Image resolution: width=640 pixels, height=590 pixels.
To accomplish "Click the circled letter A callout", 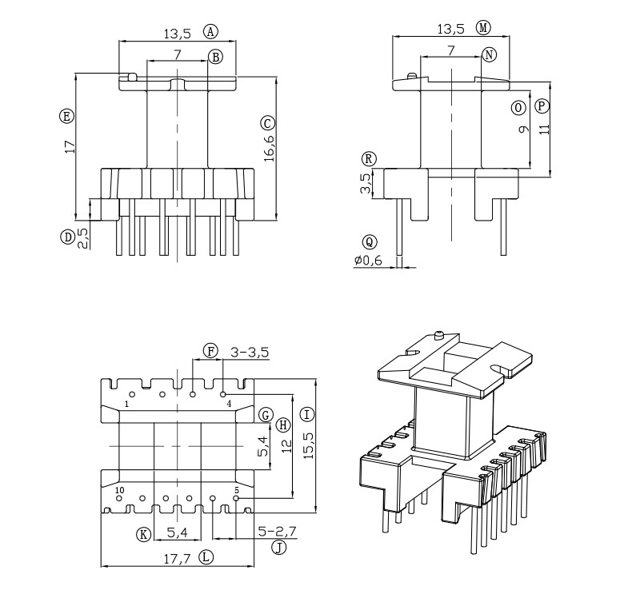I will [x=210, y=32].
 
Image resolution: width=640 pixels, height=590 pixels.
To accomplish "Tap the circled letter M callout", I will [x=483, y=28].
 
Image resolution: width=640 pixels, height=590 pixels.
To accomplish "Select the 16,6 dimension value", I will [x=269, y=148].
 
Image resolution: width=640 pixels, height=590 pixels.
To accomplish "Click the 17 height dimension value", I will [x=70, y=146].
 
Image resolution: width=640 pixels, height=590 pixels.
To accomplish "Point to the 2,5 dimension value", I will [x=82, y=238].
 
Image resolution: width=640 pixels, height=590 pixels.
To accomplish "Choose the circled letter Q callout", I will [x=369, y=241].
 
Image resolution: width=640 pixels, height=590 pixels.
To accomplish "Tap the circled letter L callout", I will [x=207, y=557].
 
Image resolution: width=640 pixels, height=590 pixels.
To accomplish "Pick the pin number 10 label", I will [x=119, y=490].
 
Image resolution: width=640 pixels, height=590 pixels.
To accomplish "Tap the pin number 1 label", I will [x=126, y=405].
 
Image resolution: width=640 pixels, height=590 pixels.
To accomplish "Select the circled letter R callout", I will [x=368, y=157].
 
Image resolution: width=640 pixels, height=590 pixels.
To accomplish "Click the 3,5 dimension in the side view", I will [x=366, y=183].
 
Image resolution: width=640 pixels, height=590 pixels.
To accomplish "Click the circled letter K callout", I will [x=144, y=533].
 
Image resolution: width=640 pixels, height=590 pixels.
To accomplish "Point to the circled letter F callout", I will [x=210, y=351].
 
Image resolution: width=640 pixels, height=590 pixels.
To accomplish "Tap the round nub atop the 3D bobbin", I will [x=439, y=335].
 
